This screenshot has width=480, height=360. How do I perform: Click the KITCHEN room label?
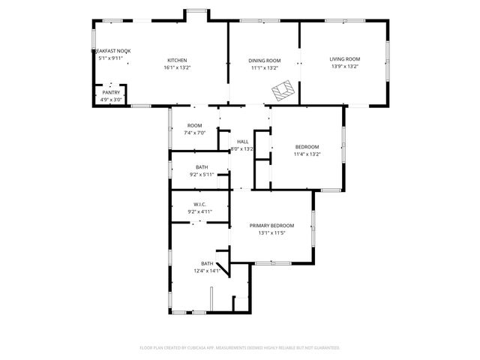pyautogui.click(x=177, y=60)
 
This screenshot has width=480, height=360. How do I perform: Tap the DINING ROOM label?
pyautogui.click(x=265, y=60)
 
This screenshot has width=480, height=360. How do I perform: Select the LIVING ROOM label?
pyautogui.click(x=345, y=59)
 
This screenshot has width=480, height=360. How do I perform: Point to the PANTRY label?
pyautogui.click(x=111, y=92)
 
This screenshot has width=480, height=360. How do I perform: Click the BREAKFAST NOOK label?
pyautogui.click(x=113, y=50)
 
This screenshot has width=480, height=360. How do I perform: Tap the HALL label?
pyautogui.click(x=242, y=142)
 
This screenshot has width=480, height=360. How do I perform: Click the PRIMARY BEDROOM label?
pyautogui.click(x=271, y=225)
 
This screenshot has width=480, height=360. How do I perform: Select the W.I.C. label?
pyautogui.click(x=199, y=204)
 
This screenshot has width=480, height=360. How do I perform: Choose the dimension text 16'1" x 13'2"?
pyautogui.click(x=177, y=67)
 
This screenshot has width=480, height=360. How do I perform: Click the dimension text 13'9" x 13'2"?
pyautogui.click(x=345, y=67)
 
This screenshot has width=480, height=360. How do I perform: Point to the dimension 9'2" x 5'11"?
pyautogui.click(x=202, y=175)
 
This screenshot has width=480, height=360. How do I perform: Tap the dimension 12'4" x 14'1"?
pyautogui.click(x=207, y=271)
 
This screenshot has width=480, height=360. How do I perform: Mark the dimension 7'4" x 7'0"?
pyautogui.click(x=195, y=133)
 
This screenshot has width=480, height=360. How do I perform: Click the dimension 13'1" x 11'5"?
pyautogui.click(x=271, y=232)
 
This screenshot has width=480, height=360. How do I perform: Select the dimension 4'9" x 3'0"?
pyautogui.click(x=112, y=100)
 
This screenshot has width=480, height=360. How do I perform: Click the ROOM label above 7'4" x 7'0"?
pyautogui.click(x=195, y=125)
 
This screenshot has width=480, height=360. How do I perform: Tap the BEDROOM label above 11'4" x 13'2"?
pyautogui.click(x=307, y=146)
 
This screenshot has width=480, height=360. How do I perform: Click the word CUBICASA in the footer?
pyautogui.click(x=216, y=348)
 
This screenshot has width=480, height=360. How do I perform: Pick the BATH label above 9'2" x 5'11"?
pyautogui.click(x=202, y=167)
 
